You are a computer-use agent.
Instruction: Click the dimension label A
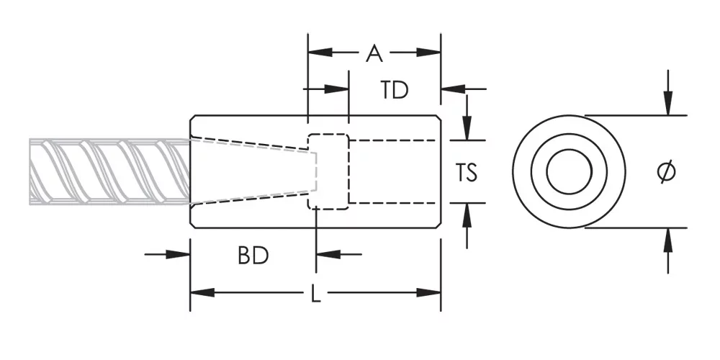(374, 53)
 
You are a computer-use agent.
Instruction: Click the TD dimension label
(395, 91)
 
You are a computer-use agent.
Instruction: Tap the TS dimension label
(466, 173)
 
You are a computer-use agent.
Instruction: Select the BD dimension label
(253, 256)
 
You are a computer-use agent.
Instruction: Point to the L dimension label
(315, 293)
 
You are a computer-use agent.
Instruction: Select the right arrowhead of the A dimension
(428, 53)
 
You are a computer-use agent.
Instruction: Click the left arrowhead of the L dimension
(202, 292)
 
